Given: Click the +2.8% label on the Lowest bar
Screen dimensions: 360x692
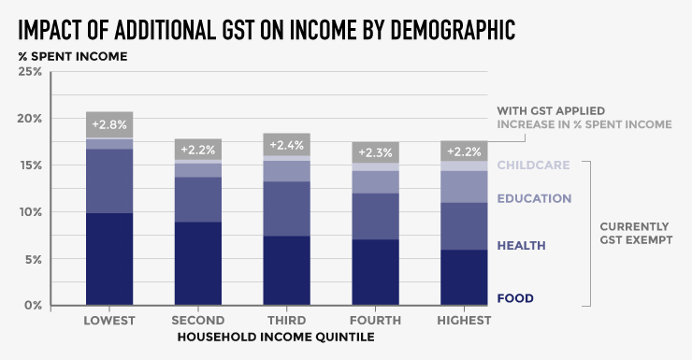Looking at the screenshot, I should point(108,124).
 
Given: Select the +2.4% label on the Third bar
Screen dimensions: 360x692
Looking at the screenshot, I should point(287,146).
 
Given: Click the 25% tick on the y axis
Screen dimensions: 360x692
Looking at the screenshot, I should point(30,72).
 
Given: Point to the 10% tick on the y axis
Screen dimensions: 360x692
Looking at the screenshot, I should point(30,212).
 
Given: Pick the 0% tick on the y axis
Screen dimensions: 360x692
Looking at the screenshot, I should point(33,306).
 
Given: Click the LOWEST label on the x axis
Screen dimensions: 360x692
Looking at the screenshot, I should point(108,321).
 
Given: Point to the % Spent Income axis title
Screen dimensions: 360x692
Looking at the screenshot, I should point(72,55).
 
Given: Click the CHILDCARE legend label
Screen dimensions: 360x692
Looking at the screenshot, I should point(534,166).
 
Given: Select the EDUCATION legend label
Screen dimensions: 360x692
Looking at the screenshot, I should point(534,198).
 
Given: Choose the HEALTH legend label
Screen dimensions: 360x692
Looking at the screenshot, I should point(521,245).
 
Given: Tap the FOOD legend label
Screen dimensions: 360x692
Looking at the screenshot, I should point(515,298).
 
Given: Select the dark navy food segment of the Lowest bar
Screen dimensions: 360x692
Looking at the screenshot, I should point(108,259).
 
